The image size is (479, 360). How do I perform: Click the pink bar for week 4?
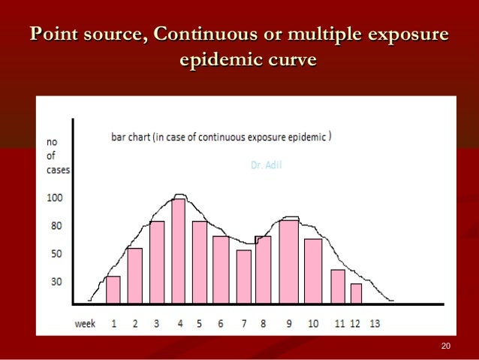(178, 251)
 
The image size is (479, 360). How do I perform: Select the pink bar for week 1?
(113, 290)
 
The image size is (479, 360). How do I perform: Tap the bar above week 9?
(288, 262)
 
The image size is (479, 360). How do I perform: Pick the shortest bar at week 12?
(356, 293)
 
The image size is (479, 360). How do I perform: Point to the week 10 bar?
(313, 271)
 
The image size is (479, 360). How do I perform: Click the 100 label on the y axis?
(56, 198)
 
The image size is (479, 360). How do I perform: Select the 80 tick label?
(56, 226)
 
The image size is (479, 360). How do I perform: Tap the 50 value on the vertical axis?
(56, 255)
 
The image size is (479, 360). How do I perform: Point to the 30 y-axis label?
(56, 283)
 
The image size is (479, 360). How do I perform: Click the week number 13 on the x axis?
(375, 324)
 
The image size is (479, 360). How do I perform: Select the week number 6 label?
(221, 324)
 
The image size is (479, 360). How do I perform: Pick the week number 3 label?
(156, 324)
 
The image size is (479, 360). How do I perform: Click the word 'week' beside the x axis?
(84, 324)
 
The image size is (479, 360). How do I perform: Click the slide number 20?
(447, 346)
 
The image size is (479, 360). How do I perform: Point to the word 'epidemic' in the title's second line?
(218, 60)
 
